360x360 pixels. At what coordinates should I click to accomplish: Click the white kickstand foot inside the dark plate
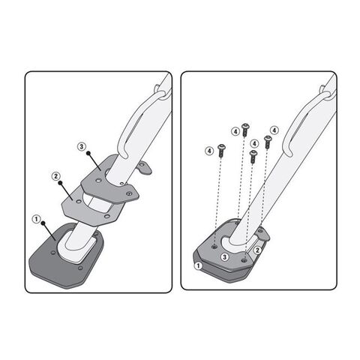coord(74,247)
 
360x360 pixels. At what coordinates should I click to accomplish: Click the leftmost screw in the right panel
coord(222,149)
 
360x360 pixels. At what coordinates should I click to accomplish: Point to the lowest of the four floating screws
coord(253,157)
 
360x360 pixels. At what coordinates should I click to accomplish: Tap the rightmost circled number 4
coord(274,130)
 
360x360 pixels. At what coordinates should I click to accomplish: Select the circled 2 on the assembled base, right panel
coord(257,249)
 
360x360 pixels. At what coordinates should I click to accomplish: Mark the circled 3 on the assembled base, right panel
coord(224,256)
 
